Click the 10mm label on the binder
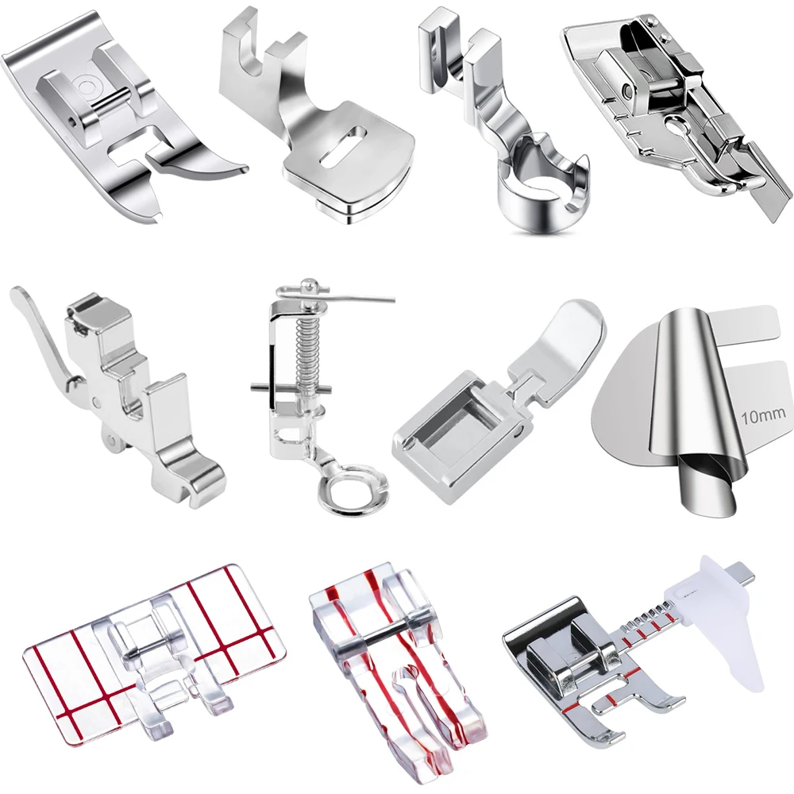(763, 417)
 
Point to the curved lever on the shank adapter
(41, 334)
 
